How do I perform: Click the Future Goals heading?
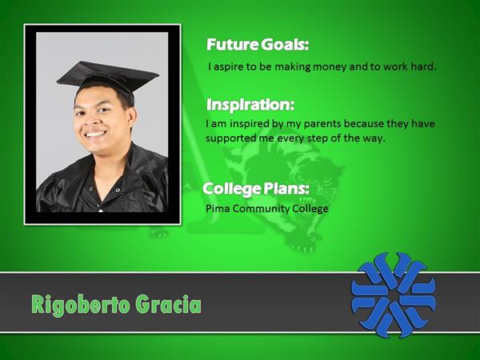point(258,45)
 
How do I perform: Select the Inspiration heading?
point(250,105)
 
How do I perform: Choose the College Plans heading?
point(256,189)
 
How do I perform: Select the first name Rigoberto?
point(81,305)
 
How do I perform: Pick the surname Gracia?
point(168,304)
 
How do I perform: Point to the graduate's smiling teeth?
point(95,134)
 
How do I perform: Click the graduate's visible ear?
point(131,118)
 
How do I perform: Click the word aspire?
point(228,67)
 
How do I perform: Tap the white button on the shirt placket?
point(101,210)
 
